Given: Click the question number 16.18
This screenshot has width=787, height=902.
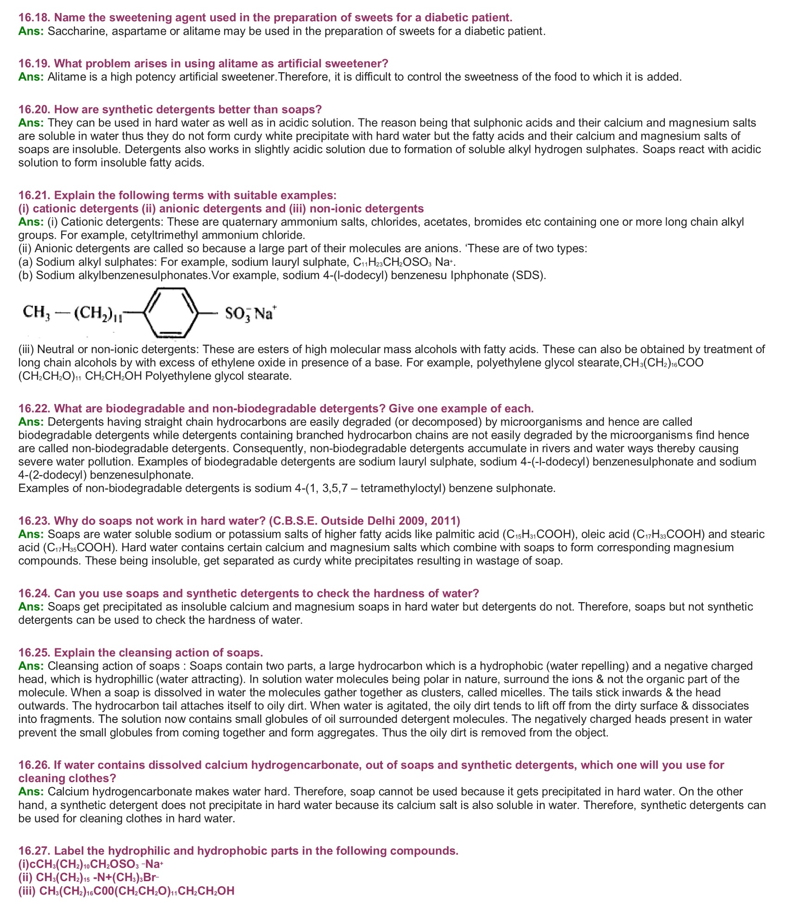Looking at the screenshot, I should pyautogui.click(x=34, y=18).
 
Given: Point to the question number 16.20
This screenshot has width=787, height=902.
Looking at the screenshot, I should pyautogui.click(x=34, y=110).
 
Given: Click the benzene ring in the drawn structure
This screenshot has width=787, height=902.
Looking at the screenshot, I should pyautogui.click(x=172, y=313).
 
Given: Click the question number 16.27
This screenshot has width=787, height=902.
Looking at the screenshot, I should pyautogui.click(x=34, y=851).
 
